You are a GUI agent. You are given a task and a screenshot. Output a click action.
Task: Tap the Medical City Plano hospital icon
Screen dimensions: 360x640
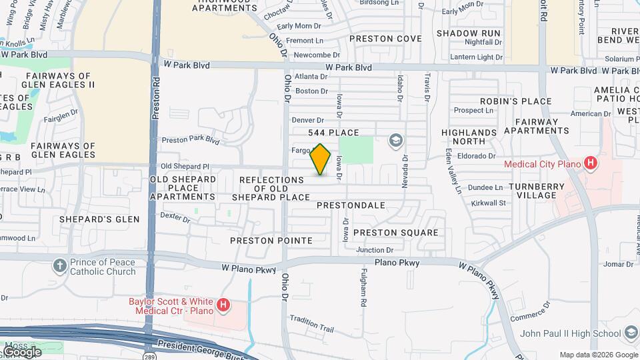click(589, 163)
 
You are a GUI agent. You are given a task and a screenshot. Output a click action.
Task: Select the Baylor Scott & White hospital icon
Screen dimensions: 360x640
click(223, 306)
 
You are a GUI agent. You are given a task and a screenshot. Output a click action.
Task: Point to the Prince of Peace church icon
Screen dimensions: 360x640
click(60, 266)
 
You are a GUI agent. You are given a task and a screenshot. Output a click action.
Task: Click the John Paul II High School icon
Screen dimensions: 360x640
click(631, 333)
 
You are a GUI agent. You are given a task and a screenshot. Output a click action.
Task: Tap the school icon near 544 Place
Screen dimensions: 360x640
click(396, 140)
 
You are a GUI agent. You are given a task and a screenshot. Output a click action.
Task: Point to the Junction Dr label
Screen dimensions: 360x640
click(375, 250)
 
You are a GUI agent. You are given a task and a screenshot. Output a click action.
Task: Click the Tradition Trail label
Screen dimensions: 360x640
click(311, 324)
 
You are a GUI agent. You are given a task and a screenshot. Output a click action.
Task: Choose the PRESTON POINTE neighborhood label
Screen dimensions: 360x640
click(271, 240)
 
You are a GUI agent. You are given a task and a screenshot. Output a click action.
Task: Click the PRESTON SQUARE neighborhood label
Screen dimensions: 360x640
click(395, 233)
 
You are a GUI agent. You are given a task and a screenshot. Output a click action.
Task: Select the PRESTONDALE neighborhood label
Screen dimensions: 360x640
click(351, 205)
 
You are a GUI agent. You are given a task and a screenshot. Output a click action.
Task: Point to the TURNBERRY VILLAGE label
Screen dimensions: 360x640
click(541, 191)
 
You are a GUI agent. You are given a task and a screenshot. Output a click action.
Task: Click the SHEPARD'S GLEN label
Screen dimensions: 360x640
click(99, 219)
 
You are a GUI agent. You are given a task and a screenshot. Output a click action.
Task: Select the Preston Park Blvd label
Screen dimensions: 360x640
click(191, 140)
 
